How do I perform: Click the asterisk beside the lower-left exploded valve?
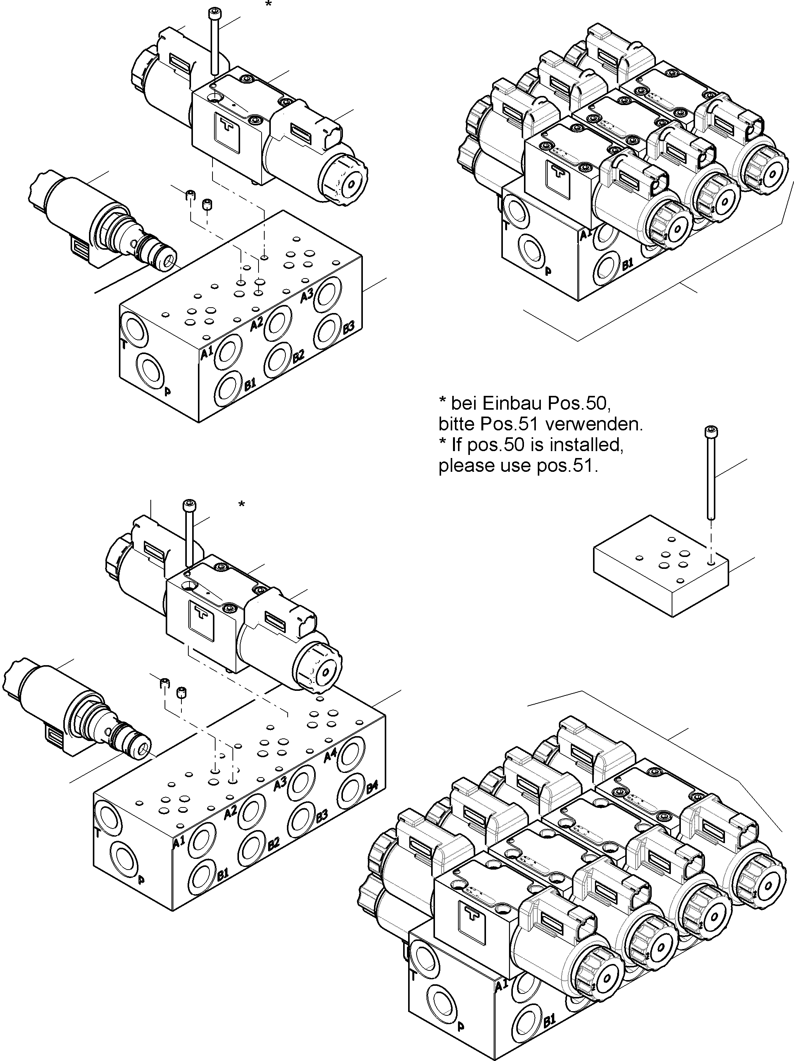242,504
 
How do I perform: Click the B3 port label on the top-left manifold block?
349,328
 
